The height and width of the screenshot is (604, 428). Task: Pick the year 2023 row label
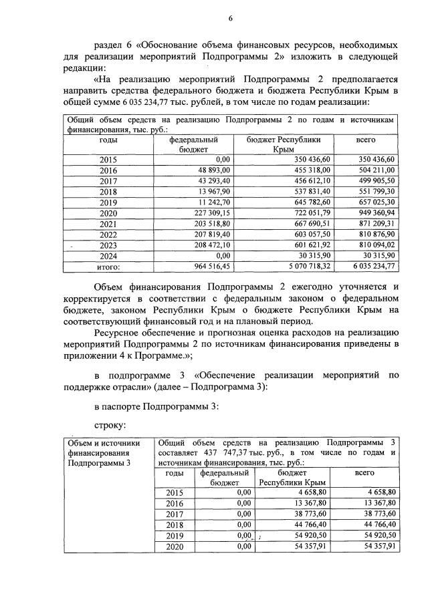pos(108,245)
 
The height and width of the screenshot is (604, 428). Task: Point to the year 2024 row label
pos(108,256)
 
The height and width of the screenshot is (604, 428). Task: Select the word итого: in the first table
pos(108,267)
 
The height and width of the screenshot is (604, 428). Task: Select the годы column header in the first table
pos(108,141)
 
